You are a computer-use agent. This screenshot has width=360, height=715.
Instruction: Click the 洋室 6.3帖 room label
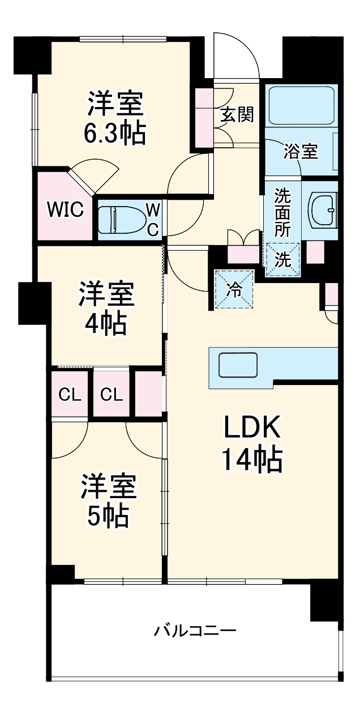pyautogui.click(x=115, y=117)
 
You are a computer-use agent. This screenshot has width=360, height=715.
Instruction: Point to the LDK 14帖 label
pyautogui.click(x=252, y=445)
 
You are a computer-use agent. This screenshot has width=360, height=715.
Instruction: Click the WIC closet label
pyautogui.click(x=65, y=209)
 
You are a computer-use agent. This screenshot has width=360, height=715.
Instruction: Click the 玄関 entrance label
pyautogui.click(x=237, y=115)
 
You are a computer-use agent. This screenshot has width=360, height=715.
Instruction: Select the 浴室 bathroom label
pyautogui.click(x=300, y=151)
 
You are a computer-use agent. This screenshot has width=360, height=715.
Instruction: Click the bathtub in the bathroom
pyautogui.click(x=301, y=106)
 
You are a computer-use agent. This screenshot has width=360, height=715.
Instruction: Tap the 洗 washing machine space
pyautogui.click(x=282, y=259)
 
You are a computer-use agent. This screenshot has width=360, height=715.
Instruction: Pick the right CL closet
pyautogui.click(x=112, y=395)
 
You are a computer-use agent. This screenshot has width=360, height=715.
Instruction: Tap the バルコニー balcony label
pyautogui.click(x=195, y=630)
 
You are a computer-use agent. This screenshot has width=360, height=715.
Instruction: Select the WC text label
pyautogui.click(x=153, y=219)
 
